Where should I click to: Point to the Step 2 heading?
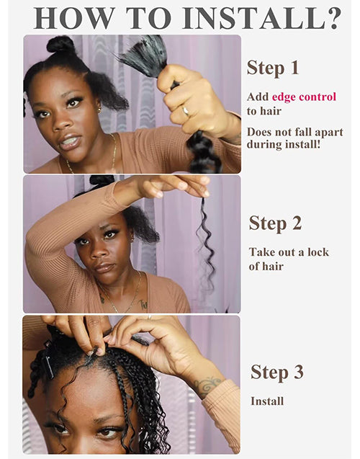[275, 223]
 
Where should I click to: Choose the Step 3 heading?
[276, 372]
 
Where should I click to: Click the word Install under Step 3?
[267, 401]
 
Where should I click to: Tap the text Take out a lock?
[289, 252]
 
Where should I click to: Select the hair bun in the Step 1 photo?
[60, 45]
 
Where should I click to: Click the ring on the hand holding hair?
[186, 112]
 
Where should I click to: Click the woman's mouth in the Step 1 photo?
[70, 141]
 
